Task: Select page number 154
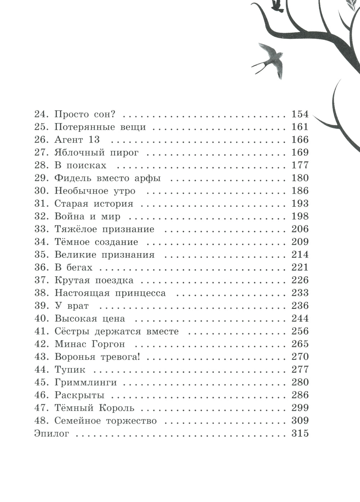click(300, 114)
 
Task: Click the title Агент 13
click(77, 140)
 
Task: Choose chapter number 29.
click(41, 178)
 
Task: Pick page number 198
click(300, 216)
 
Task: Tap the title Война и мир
click(87, 216)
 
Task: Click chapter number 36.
click(41, 267)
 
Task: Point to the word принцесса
click(140, 293)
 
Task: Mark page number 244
click(300, 318)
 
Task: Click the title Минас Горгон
click(90, 344)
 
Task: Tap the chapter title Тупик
click(70, 369)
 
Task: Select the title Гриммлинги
click(86, 382)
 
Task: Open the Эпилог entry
click(51, 433)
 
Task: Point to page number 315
click(300, 433)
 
